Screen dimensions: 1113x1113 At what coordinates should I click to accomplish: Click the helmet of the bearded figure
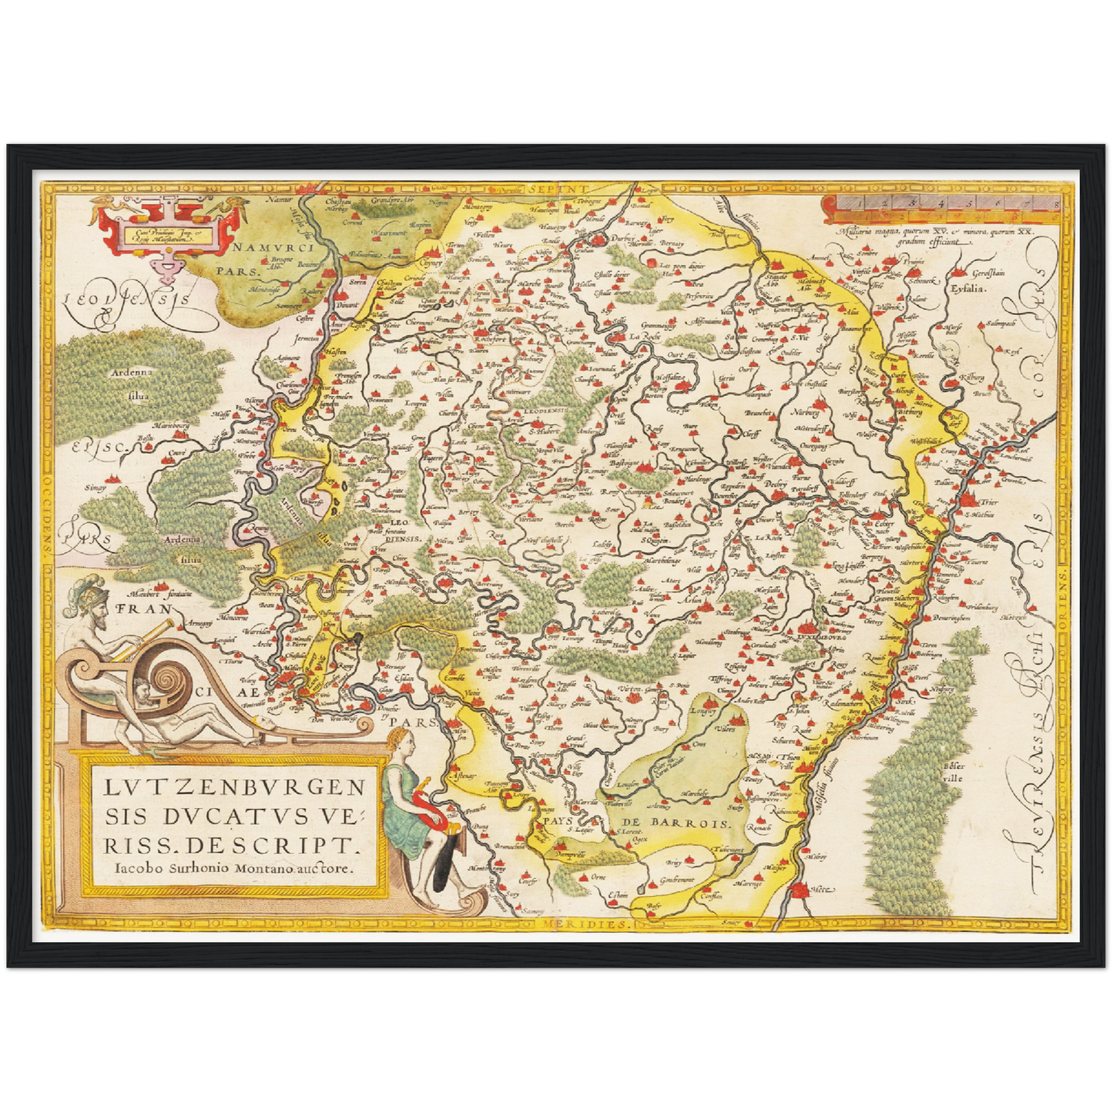click(x=83, y=595)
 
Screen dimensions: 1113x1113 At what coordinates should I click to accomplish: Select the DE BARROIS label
click(x=679, y=823)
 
